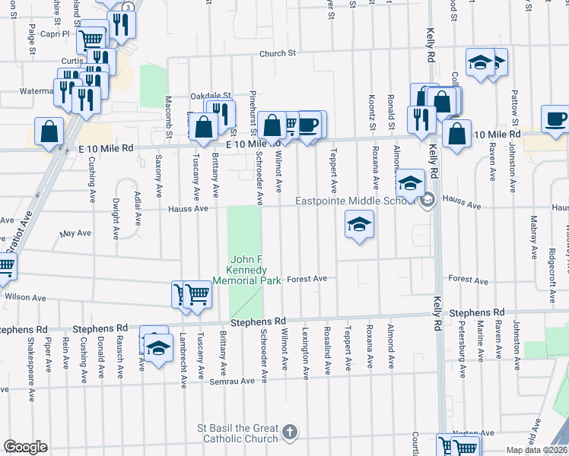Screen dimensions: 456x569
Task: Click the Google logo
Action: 25,447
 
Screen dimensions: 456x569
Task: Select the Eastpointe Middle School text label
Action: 356,201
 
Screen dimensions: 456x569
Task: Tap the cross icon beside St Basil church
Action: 289,433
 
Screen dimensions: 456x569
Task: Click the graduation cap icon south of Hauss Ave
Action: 359,223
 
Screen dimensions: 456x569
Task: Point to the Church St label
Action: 276,53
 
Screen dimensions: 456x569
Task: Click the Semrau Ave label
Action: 237,381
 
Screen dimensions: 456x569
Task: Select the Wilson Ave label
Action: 25,297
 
